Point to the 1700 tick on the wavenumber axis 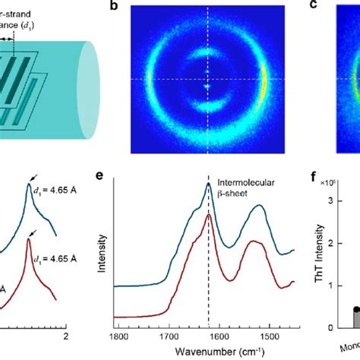[168, 336]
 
